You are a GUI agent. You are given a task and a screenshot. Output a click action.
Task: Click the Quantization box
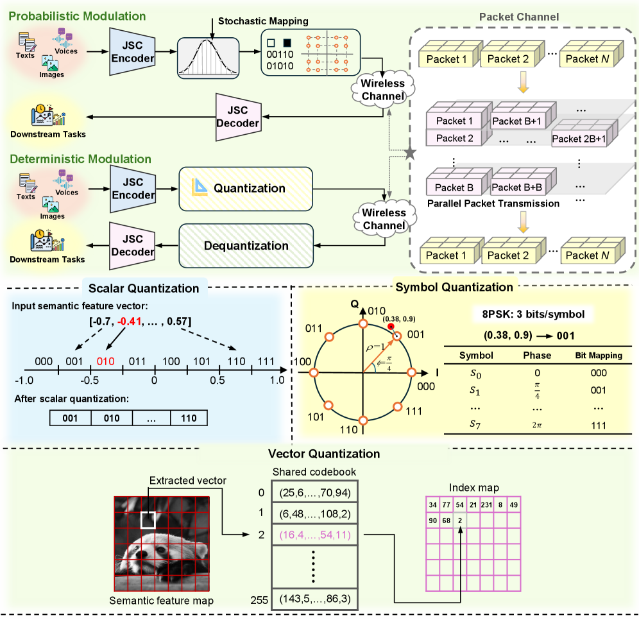click(245, 189)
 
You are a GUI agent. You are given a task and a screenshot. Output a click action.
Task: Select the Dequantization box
click(245, 245)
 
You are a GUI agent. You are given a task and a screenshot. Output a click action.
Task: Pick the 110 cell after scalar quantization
click(189, 417)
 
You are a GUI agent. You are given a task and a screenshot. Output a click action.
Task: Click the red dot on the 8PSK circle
click(391, 326)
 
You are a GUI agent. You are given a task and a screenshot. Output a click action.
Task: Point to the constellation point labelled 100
click(314, 372)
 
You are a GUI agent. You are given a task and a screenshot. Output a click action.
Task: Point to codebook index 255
click(260, 601)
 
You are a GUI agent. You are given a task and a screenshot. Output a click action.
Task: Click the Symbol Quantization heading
click(454, 287)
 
